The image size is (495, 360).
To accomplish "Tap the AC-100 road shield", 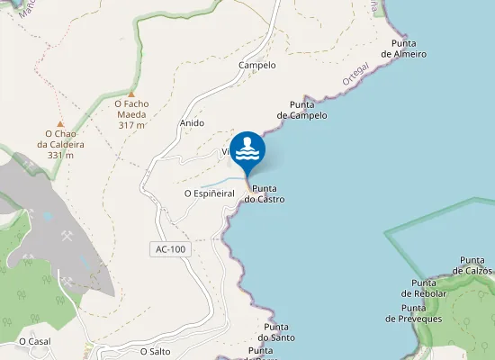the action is pos(171,248).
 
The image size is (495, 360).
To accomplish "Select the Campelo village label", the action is pos(256,66).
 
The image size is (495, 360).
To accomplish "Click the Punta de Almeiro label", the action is pos(403,49).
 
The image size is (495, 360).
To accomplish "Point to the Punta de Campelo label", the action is pos(301,110).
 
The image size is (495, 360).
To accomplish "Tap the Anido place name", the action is pos(192,122).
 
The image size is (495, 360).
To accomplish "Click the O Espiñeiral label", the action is pos(209,193).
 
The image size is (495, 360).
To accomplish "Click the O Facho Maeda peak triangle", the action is pos(131,93).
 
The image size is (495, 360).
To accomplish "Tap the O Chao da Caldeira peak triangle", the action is pos(60,124).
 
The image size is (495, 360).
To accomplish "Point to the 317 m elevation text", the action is pos(131,125).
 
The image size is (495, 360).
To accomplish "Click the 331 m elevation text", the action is pos(60,156).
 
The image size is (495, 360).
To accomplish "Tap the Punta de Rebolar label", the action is pos(423,288).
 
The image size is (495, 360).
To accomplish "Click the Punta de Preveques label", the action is pos(414,313).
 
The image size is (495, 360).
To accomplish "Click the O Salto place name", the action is pos(155,351).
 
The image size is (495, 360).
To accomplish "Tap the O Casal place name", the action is pos(34,341).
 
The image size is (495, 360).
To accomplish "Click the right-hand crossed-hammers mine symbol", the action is pos(67,237).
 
